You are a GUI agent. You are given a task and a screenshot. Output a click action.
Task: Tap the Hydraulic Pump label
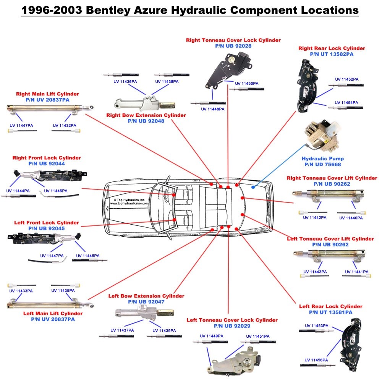[x=322, y=159]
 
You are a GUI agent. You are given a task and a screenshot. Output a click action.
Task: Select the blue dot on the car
[x=253, y=187]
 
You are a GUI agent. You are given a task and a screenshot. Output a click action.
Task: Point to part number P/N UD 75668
[x=322, y=165]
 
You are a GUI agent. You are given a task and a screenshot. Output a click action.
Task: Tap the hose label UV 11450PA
[x=247, y=83]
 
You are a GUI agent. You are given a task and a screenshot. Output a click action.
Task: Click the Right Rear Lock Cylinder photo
[x=307, y=86]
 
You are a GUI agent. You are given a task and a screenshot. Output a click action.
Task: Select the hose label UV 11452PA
[x=346, y=79]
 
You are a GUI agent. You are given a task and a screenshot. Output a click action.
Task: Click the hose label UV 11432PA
[x=64, y=125]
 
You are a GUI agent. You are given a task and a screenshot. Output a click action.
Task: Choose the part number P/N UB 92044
[x=47, y=163]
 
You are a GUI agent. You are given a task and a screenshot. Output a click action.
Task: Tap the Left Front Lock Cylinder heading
[x=47, y=223]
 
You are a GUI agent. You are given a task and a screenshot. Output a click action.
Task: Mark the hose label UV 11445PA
[x=88, y=256]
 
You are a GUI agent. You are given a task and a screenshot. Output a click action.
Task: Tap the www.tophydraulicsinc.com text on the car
[x=129, y=204]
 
